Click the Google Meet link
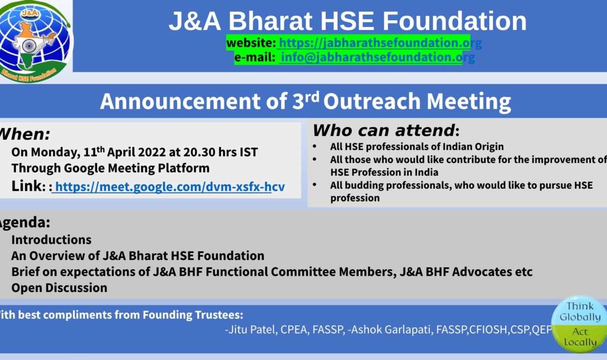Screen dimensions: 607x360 (x=170, y=187)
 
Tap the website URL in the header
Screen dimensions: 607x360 (x=380, y=43)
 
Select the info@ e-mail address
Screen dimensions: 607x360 (x=378, y=57)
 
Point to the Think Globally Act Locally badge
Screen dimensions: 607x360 (x=579, y=324)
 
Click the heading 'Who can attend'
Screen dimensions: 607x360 (x=383, y=130)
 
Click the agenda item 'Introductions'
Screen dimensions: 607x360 (x=51, y=240)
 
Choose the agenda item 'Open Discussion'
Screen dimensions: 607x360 (x=59, y=287)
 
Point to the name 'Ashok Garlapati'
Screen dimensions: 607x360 (x=391, y=329)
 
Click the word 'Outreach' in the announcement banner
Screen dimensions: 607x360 (x=371, y=102)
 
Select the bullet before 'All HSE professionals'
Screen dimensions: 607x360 (x=315, y=146)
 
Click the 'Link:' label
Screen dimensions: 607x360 (x=28, y=186)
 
